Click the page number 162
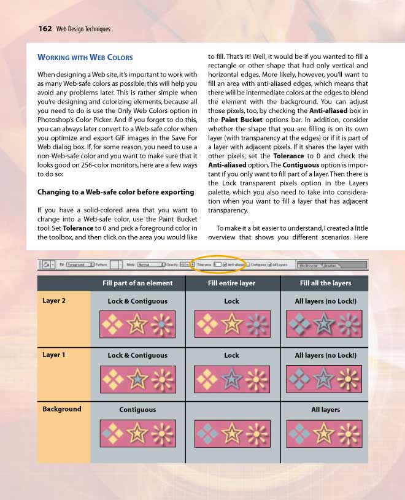click(44, 28)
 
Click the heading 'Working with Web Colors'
click(85, 58)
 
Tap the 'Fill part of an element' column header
click(137, 283)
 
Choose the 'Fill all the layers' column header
click(325, 283)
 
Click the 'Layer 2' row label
click(54, 301)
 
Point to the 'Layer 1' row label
click(54, 355)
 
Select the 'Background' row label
click(61, 409)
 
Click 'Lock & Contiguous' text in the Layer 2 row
click(137, 301)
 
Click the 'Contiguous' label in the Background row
click(137, 409)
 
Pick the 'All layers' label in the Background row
click(325, 409)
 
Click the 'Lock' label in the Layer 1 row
click(231, 355)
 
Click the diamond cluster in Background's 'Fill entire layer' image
click(207, 433)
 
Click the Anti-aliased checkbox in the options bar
click(225, 264)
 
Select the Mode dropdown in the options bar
click(150, 264)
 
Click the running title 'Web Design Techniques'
click(83, 29)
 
